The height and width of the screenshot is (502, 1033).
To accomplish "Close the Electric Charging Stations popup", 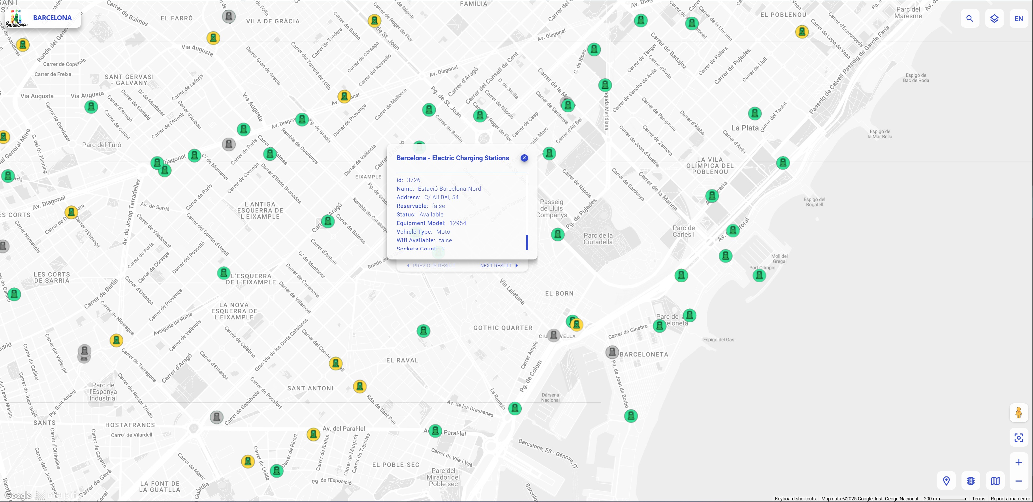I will (524, 158).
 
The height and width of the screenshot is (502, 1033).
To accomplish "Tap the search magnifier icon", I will (970, 19).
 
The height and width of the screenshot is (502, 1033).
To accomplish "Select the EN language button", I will (1018, 19).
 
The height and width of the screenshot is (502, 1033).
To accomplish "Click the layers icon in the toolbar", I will (994, 19).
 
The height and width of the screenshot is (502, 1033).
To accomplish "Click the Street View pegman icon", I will (1018, 412).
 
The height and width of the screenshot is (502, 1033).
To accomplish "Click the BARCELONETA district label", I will (644, 354).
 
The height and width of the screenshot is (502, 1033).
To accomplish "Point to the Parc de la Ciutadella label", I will (598, 238).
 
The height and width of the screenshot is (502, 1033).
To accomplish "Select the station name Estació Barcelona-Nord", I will (449, 189).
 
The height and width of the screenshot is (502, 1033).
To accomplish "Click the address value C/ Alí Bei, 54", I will (441, 197).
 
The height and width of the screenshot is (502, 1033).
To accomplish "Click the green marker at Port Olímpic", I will (759, 275).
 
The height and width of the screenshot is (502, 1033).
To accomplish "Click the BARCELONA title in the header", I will (52, 18).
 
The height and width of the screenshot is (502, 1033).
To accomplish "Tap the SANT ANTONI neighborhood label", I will (310, 388).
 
